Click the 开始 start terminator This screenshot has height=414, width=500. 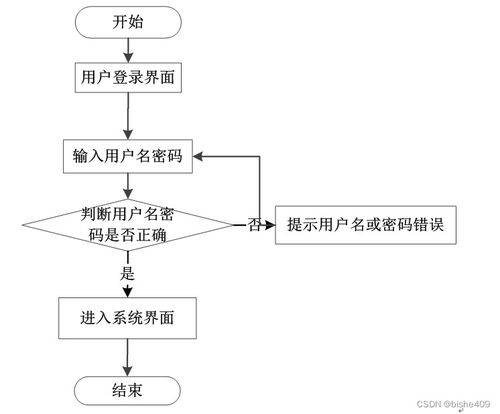point(127,22)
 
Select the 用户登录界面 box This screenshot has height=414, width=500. point(127,76)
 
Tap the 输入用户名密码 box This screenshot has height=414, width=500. point(127,158)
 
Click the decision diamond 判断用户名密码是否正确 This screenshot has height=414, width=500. point(127,223)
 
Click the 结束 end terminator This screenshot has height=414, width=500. point(127,389)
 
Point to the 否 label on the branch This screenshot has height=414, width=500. point(255,225)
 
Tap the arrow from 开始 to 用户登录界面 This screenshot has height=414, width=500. point(127,48)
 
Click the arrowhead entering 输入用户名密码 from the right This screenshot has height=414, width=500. point(200,158)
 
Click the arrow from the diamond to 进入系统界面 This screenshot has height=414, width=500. point(127,285)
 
